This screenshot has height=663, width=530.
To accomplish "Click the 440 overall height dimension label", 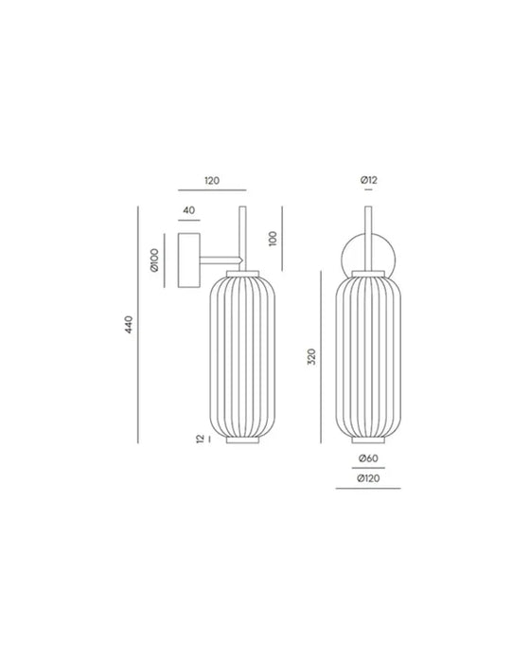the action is tap(129, 324).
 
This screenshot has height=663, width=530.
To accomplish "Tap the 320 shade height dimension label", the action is tap(311, 357).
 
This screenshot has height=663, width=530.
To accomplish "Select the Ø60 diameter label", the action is tap(368, 457).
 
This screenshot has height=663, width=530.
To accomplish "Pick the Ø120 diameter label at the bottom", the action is tap(368, 478).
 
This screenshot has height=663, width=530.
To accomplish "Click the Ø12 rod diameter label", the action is tap(368, 180).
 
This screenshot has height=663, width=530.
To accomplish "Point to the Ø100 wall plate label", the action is tap(154, 260).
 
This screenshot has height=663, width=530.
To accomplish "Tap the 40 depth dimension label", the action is tap(189, 210).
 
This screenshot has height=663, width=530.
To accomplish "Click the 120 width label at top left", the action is tap(212, 181).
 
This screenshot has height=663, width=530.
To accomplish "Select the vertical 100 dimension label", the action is tap(273, 239).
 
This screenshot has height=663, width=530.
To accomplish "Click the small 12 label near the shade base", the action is tap(201, 439).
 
